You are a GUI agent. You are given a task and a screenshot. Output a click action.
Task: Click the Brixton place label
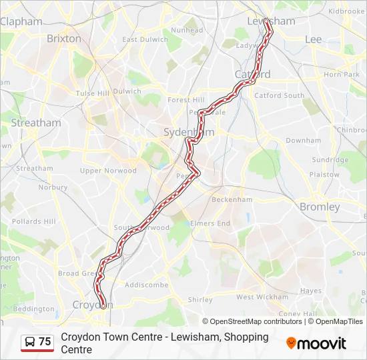(x=64, y=39)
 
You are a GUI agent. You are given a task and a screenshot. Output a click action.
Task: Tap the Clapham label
(x=21, y=21)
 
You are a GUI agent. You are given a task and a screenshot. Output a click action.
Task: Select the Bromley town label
(x=320, y=207)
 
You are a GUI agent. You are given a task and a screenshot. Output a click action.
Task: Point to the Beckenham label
(x=232, y=199)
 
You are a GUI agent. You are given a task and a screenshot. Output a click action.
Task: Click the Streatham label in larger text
(x=35, y=123)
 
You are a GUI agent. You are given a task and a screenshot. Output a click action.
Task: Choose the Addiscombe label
(x=146, y=284)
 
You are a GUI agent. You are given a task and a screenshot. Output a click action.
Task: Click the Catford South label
(x=279, y=95)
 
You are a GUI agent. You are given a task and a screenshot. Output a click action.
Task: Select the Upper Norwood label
(x=108, y=171)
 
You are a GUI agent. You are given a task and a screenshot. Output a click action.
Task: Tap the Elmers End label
(x=210, y=223)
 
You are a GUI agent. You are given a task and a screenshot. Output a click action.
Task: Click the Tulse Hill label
(x=92, y=93)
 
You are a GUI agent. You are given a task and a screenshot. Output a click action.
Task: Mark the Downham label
(x=303, y=141)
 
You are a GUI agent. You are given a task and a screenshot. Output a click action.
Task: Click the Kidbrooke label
(x=346, y=11)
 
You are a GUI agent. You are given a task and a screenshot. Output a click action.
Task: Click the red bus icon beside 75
(x=29, y=342)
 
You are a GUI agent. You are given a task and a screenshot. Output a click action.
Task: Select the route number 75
(x=45, y=342)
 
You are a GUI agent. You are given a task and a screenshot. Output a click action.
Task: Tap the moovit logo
(x=316, y=343)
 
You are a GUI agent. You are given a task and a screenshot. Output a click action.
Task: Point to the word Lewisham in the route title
(x=197, y=337)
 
